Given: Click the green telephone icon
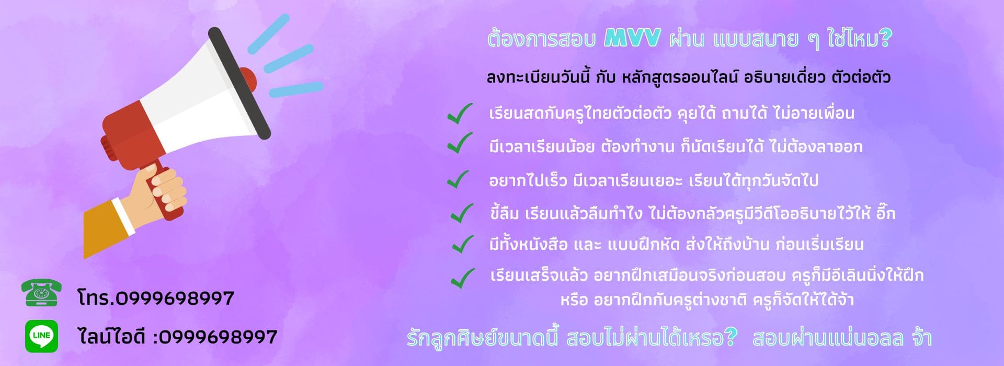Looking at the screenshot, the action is pos(41,293).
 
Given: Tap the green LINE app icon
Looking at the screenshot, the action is pos(41,336).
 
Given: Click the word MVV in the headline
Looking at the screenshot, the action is pos(632,38).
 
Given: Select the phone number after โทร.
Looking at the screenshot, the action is pos(175,299).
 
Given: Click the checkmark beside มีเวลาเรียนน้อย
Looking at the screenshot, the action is pos(460,143).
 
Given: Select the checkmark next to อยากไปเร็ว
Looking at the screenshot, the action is pos(458,179).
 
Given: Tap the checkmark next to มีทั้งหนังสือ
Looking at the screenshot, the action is pos(463,244).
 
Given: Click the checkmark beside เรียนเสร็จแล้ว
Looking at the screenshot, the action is pos(463,278).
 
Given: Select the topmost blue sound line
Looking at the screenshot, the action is pos(268,34).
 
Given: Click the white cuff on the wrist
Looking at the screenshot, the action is pos(123,216).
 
